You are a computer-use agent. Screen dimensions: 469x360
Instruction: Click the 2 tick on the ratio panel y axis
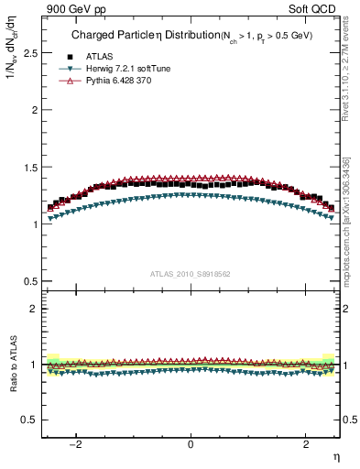(33, 309)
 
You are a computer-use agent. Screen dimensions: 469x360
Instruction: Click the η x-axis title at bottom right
(335, 456)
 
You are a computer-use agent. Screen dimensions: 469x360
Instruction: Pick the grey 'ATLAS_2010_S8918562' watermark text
(191, 273)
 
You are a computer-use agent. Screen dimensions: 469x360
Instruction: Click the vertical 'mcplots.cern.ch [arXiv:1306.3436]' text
(350, 220)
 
